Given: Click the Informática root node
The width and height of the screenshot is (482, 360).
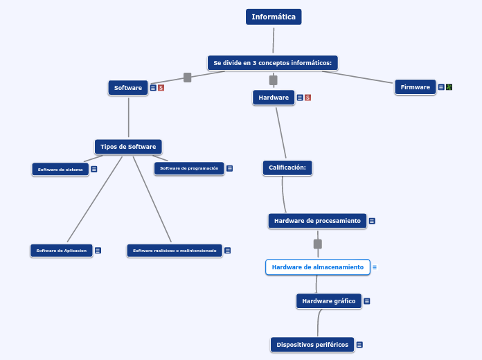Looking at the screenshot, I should (x=274, y=17).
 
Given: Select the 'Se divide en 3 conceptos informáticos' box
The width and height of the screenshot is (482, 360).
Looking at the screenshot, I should (x=273, y=63).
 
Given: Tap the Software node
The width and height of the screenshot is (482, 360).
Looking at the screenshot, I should (x=128, y=88).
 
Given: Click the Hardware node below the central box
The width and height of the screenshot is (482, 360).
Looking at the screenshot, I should (x=274, y=98).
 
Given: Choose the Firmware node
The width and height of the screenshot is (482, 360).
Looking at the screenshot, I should (x=415, y=87).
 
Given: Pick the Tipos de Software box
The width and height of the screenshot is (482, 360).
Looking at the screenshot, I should (x=128, y=147).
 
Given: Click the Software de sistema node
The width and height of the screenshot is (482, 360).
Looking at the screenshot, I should (x=60, y=170).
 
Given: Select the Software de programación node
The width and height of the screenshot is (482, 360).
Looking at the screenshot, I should (x=189, y=168).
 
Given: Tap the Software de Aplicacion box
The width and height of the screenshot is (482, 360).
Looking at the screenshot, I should (x=62, y=251).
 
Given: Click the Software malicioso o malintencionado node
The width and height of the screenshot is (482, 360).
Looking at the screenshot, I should (x=175, y=251).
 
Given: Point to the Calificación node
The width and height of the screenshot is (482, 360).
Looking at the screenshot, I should (x=287, y=168).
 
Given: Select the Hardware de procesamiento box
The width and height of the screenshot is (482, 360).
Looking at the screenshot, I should (x=317, y=221).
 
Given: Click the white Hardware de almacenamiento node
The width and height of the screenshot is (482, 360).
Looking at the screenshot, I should (x=318, y=267).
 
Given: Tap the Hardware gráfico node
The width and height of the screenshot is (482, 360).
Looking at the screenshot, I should (x=329, y=301).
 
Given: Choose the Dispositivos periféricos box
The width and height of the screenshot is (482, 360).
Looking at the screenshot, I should (x=312, y=345).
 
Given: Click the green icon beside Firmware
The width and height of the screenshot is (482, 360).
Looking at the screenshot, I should (x=449, y=87).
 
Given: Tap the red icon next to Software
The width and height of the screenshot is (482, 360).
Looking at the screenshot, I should (x=161, y=88).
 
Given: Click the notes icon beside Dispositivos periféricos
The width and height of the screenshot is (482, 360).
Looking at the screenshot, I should (x=359, y=345).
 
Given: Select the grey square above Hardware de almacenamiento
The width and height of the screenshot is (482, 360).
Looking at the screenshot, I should (x=318, y=244).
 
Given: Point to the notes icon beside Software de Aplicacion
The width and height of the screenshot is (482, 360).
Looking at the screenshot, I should (x=98, y=251).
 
